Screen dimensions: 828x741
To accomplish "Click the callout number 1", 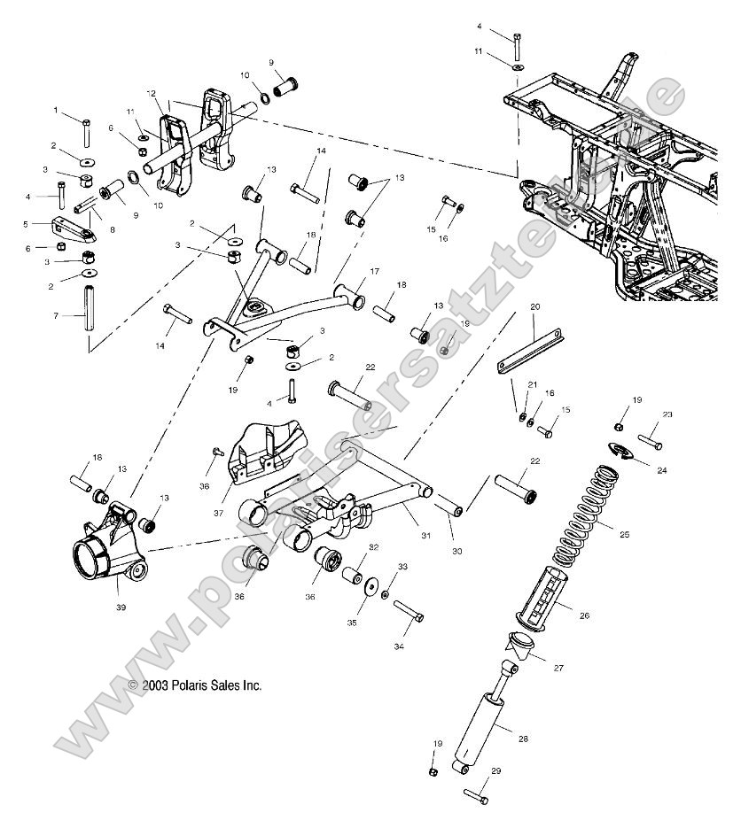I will pos(55,111).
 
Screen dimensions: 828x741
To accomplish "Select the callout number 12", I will pos(152,93).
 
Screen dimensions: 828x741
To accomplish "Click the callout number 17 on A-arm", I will pos(374,271).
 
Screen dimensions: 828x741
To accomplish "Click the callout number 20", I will pos(535,306).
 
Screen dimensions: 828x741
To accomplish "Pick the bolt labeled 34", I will pos(407,611).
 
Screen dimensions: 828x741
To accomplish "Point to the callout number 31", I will pos(426,536).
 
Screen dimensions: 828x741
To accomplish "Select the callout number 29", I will pos(496,772).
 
